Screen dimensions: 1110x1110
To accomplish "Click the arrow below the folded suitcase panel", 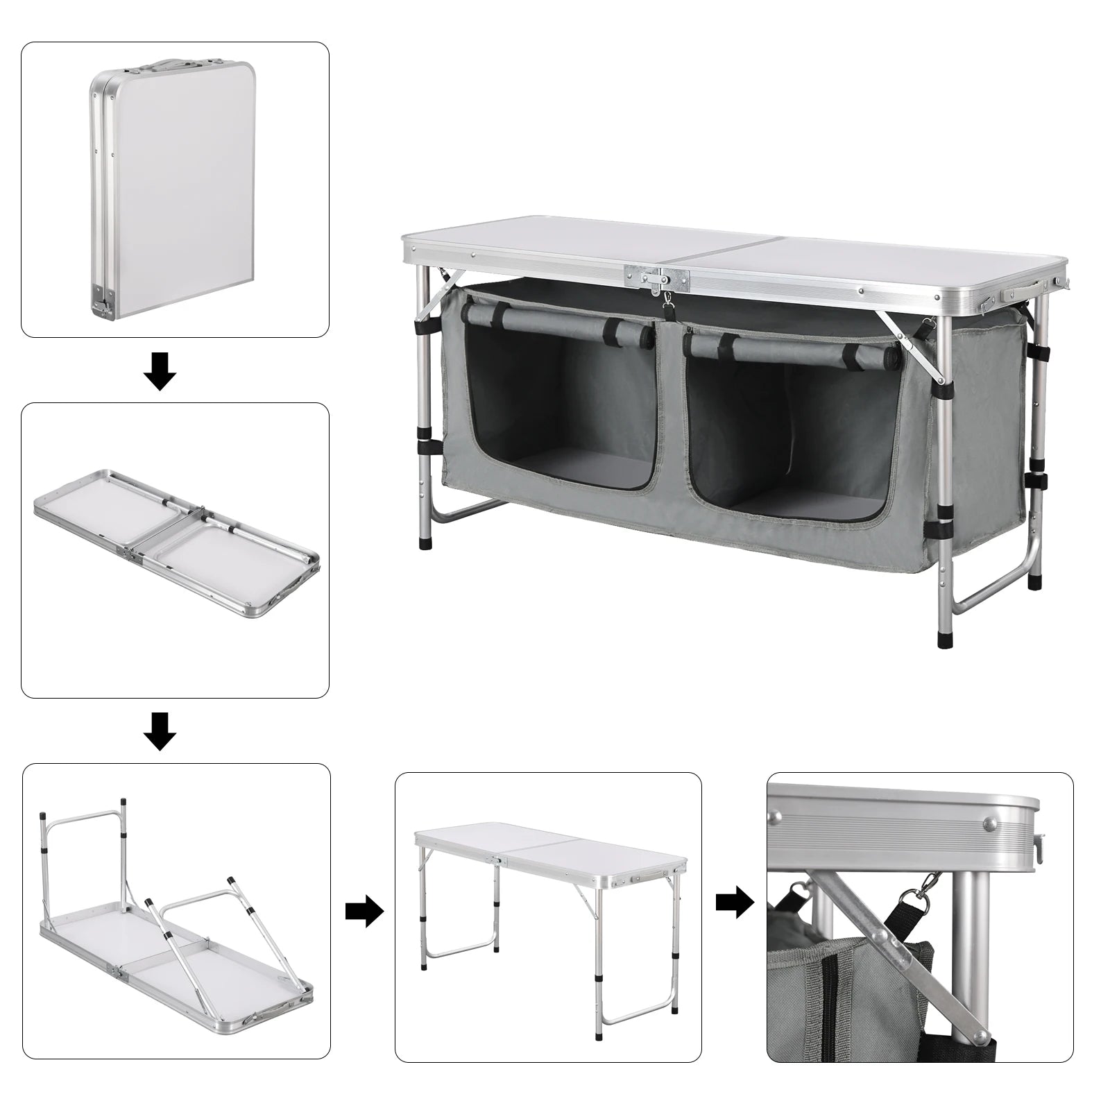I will click(160, 370).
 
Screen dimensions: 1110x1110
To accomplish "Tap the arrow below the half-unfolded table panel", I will click(160, 731).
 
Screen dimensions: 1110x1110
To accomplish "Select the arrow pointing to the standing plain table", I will click(364, 910).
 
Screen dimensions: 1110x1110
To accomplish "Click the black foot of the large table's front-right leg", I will click(945, 637).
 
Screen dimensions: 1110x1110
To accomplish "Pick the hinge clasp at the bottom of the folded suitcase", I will click(101, 300).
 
